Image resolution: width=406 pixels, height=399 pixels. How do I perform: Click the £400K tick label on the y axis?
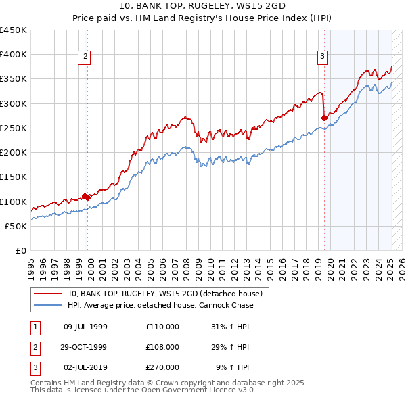[x=14, y=55]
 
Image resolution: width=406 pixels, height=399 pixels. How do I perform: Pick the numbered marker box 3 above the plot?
[x=323, y=57]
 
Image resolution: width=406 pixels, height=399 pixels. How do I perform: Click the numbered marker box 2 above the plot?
[x=87, y=57]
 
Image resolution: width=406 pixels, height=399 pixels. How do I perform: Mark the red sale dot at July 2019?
[x=324, y=118]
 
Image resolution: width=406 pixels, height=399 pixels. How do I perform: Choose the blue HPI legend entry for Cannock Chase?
[x=160, y=305]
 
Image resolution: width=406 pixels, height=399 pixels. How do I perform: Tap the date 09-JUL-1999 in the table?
[x=85, y=327]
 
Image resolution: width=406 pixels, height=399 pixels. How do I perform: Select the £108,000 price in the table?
[x=162, y=347]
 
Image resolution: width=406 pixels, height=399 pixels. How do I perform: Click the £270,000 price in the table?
[x=162, y=367]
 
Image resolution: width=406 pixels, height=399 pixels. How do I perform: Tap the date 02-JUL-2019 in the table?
[x=85, y=367]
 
